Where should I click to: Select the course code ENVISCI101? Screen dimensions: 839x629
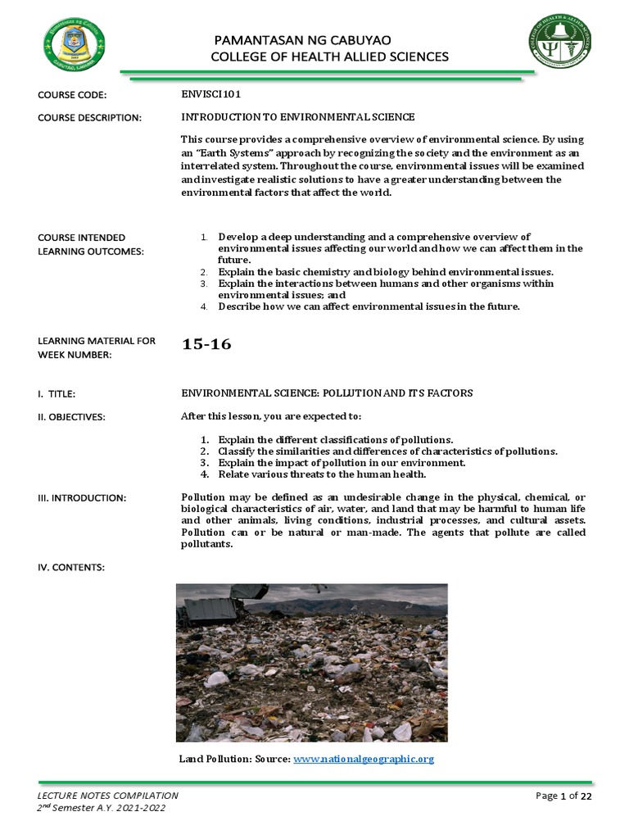210,94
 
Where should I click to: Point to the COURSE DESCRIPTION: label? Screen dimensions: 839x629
90,118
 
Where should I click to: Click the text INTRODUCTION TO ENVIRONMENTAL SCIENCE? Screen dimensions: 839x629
298,117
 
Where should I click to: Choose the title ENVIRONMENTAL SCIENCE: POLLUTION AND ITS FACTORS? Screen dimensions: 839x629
327,394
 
